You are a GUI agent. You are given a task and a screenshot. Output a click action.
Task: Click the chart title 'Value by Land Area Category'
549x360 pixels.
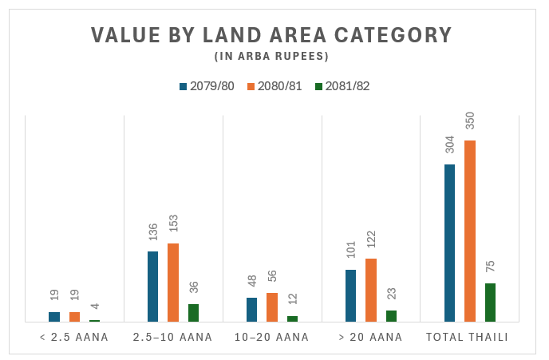coord(271,36)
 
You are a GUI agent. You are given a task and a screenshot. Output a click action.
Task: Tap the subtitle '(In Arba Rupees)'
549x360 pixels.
coord(271,57)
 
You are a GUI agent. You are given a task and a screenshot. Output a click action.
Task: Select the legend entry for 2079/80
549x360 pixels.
coord(207,86)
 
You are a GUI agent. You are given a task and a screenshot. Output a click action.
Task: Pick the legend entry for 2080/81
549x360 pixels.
coord(274,86)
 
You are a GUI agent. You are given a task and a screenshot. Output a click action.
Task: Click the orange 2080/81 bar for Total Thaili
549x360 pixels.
coord(470,231)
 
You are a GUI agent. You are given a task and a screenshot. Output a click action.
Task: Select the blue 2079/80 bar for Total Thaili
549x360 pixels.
coord(450,243)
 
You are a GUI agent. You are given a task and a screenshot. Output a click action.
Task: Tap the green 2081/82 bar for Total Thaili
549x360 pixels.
coord(490,303)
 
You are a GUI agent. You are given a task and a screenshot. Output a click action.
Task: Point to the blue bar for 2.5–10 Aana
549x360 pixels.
coord(153,287)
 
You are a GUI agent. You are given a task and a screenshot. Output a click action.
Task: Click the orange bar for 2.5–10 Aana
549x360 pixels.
coord(173,283)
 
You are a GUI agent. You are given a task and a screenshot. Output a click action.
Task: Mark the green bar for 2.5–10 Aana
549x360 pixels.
coord(193,313)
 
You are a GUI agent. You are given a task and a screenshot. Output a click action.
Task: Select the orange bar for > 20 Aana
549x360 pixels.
coord(371,290)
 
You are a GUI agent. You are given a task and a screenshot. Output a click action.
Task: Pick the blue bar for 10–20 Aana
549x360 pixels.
coord(252,310)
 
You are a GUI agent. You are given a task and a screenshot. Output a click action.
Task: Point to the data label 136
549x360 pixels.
coord(153,231)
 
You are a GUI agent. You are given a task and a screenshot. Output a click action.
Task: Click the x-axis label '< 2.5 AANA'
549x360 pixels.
coord(74,338)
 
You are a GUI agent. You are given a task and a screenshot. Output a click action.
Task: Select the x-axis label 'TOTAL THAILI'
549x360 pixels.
coord(469,338)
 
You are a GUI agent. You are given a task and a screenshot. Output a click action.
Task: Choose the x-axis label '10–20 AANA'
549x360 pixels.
coord(271,338)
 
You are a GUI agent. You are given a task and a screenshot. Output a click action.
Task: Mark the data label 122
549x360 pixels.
coord(371,240)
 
